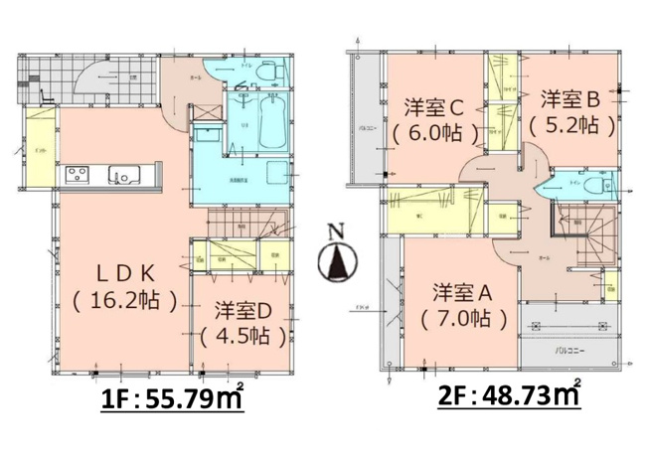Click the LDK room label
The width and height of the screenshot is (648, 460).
pos(124,271)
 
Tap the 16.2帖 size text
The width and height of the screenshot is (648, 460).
pos(124,297)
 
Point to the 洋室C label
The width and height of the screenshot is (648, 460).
pos(434,106)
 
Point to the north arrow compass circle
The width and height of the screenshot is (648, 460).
pos(337,262)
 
